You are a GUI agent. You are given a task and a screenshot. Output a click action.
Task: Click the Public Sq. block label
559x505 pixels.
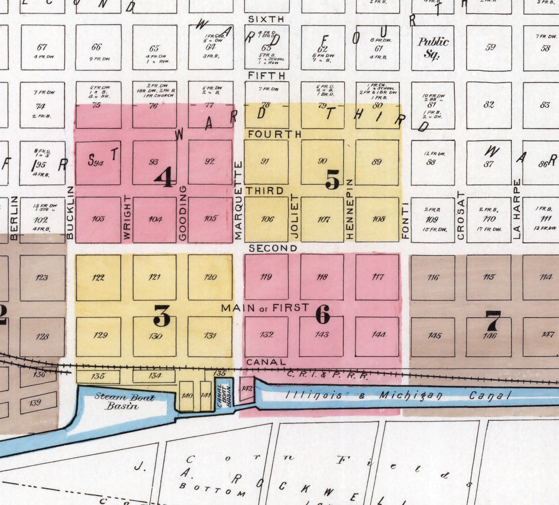coord(433,48)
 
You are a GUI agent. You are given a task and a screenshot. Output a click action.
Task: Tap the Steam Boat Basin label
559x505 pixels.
coord(124,401)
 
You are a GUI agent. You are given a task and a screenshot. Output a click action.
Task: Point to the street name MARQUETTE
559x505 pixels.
coord(238,200)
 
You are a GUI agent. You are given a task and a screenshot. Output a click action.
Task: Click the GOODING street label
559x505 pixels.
coord(182,213)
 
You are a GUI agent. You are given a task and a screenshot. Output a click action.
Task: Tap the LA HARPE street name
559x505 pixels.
coord(517,209)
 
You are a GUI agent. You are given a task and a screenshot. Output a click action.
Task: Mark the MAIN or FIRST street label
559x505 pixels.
coord(265,308)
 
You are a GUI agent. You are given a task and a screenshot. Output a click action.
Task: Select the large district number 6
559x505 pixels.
coord(323,315)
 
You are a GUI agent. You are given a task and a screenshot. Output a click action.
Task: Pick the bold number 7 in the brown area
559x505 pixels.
coord(493,320)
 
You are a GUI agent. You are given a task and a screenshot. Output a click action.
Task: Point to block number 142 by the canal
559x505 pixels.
coord(247,389)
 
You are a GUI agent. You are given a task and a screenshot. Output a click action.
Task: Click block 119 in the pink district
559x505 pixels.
coord(266,277)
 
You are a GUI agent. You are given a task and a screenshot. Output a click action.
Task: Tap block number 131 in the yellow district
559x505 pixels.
coord(210,336)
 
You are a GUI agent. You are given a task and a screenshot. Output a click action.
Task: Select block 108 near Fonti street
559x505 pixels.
coord(378,219)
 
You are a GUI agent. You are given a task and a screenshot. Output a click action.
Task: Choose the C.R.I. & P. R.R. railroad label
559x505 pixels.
coord(327,375)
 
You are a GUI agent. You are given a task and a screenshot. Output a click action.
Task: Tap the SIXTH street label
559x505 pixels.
coord(266,19)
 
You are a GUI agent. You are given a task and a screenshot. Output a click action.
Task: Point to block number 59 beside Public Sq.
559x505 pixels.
coord(490,47)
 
